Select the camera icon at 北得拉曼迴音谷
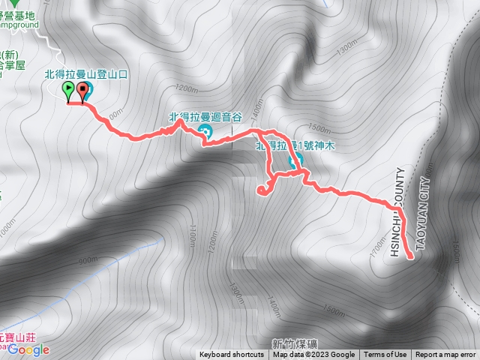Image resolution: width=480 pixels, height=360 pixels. click(206, 133)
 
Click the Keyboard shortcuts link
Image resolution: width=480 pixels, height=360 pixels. click(232, 355)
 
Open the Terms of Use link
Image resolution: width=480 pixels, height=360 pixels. click(385, 355)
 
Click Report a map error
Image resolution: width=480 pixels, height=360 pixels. click(445, 355)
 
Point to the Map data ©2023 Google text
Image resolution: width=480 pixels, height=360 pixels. click(314, 355)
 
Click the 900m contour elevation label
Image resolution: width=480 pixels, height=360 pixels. click(88, 259)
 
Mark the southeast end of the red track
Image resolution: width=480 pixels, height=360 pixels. click(411, 257)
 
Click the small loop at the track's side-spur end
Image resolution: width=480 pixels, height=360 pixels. click(262, 189)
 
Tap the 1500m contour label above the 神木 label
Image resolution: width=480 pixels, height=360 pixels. click(319, 129)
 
